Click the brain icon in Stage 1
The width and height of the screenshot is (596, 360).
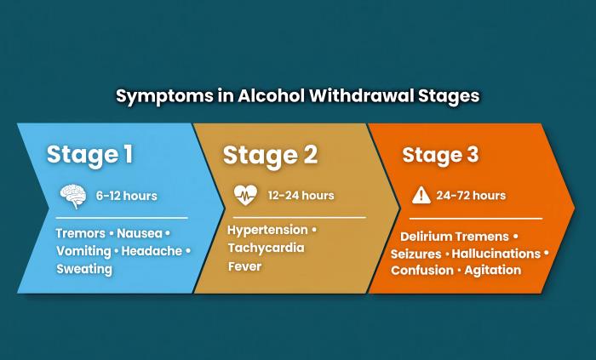point(72,196)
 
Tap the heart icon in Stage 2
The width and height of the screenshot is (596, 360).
point(244,195)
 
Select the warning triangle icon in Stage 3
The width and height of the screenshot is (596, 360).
point(421,195)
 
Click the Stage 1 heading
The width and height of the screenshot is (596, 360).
point(89,154)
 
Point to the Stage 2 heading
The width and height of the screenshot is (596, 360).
point(270,155)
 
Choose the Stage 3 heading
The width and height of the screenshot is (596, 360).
point(440,155)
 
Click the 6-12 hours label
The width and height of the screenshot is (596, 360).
point(126,196)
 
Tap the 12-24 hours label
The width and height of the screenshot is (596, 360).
point(301,195)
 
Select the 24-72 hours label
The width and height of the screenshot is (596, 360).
point(471,195)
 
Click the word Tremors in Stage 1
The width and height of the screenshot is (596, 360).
point(80,232)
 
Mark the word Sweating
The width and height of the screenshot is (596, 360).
point(84,269)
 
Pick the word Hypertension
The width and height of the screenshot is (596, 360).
point(267,230)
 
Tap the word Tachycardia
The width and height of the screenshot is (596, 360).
point(266,248)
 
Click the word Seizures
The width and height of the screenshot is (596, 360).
point(415,254)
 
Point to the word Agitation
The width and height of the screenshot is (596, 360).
point(492,270)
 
